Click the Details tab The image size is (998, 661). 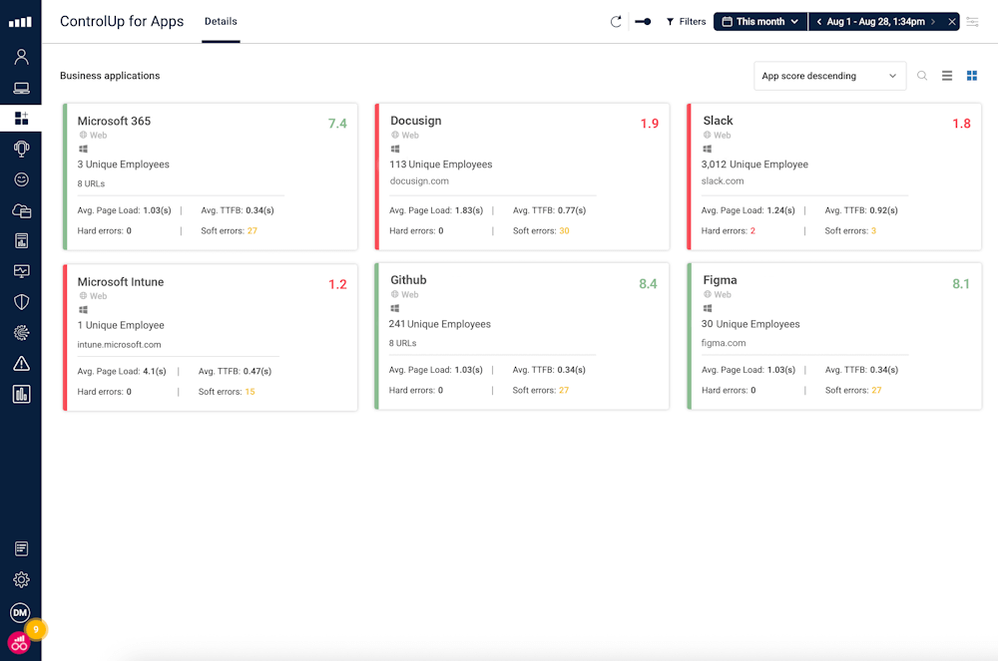click(221, 21)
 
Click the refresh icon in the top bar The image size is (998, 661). click(616, 21)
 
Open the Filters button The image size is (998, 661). click(686, 21)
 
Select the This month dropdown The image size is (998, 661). click(760, 21)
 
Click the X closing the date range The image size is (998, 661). click(952, 21)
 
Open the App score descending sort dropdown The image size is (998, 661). click(829, 76)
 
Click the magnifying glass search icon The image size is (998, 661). click(922, 76)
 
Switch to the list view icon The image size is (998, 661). click(947, 76)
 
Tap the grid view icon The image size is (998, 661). click(972, 76)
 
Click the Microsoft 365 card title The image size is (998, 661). click(114, 121)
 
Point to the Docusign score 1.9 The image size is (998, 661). click(650, 124)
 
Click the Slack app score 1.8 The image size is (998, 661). click(961, 124)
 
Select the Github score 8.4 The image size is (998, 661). click(648, 284)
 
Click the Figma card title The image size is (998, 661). click(720, 280)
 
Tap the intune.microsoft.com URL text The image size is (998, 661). click(119, 345)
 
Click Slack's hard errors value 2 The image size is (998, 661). click(752, 231)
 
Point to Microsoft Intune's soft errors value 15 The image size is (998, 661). click(249, 392)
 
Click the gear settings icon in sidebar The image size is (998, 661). click(21, 579)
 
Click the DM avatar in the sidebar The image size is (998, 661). click(20, 612)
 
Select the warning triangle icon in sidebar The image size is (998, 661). click(21, 364)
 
